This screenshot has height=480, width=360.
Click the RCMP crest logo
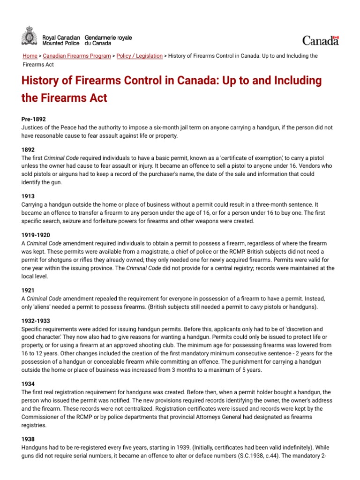tap(29, 36)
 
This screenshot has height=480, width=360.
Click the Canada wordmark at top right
tap(321, 41)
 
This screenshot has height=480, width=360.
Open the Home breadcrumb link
tap(30, 56)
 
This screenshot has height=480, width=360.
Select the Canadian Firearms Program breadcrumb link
tap(76, 56)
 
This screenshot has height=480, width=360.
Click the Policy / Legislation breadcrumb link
tap(139, 56)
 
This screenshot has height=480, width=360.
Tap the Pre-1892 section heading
tap(33, 120)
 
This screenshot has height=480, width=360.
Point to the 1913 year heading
tap(28, 196)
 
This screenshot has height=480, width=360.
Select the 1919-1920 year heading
tap(36, 235)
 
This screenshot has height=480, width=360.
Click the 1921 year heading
tap(28, 290)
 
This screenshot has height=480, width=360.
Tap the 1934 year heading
tap(28, 384)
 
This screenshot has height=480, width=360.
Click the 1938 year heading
tap(28, 439)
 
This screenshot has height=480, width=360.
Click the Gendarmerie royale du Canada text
tap(108, 40)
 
